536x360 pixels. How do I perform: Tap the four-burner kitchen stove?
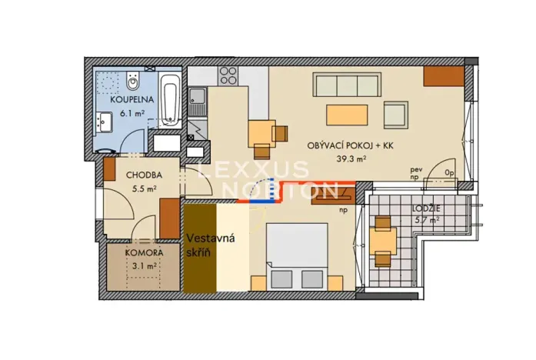(x=228, y=75)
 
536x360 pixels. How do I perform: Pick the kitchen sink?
(x=198, y=97)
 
